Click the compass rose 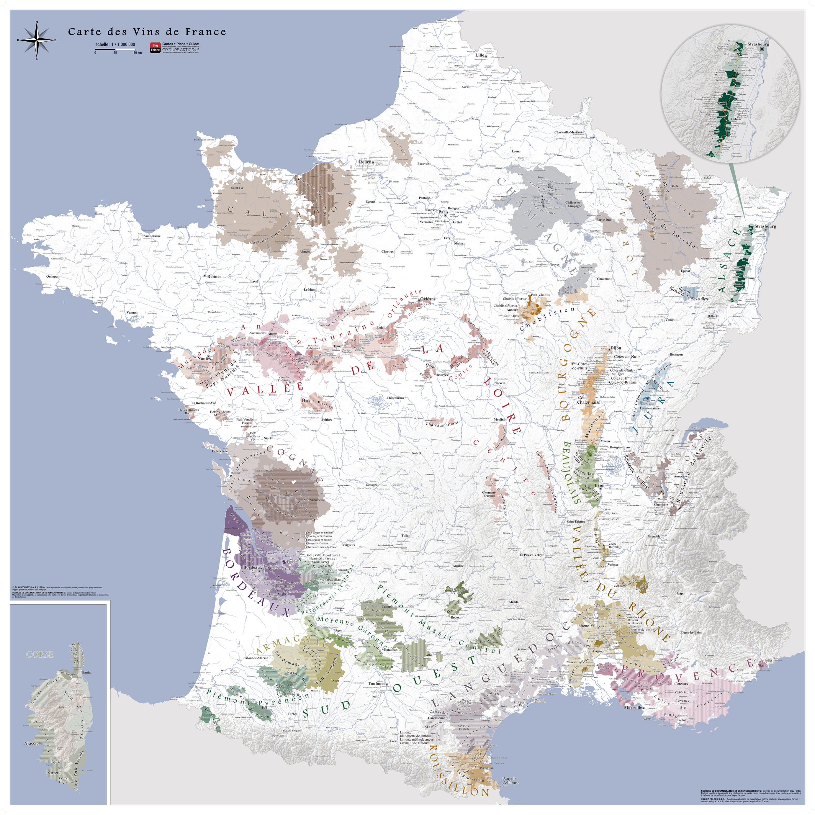coord(37,40)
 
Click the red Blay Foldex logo coord(155,47)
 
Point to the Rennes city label coord(214,276)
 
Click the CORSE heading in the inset coord(40,654)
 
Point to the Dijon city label coord(615,348)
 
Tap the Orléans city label coord(428,299)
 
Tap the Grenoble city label coord(654,536)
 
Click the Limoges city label coord(371,485)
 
